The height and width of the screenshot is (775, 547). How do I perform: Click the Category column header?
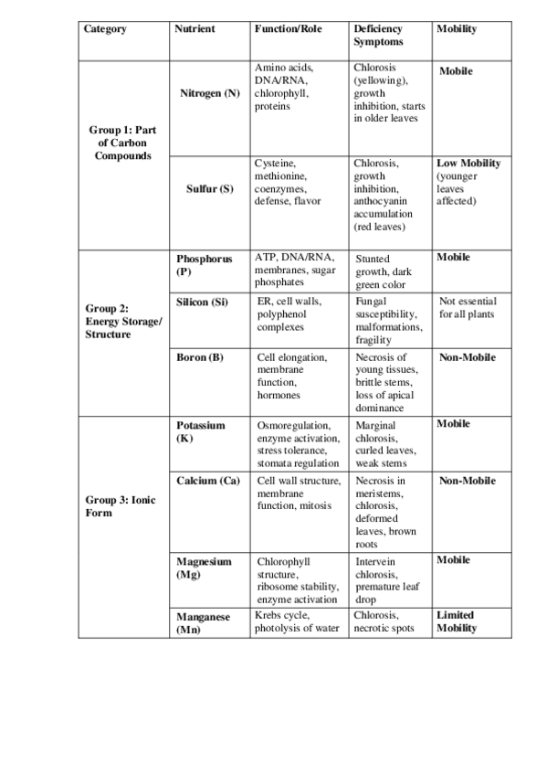tap(105, 29)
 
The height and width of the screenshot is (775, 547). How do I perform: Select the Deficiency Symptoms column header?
tap(377, 36)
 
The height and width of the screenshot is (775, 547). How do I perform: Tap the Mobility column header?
tap(457, 29)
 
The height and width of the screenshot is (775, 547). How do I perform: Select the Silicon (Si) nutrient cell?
tap(201, 301)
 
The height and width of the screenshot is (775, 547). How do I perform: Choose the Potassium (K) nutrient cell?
tap(200, 431)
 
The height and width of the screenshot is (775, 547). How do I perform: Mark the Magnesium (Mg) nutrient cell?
tap(204, 568)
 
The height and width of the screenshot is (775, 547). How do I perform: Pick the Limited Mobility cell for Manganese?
tap(456, 621)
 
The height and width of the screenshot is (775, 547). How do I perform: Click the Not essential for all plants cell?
tap(467, 307)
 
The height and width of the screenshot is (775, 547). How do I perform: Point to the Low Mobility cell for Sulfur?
tap(468, 182)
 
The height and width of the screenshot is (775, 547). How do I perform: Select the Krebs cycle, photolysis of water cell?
tap(297, 621)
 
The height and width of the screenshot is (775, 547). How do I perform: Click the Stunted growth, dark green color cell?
tap(386, 271)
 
